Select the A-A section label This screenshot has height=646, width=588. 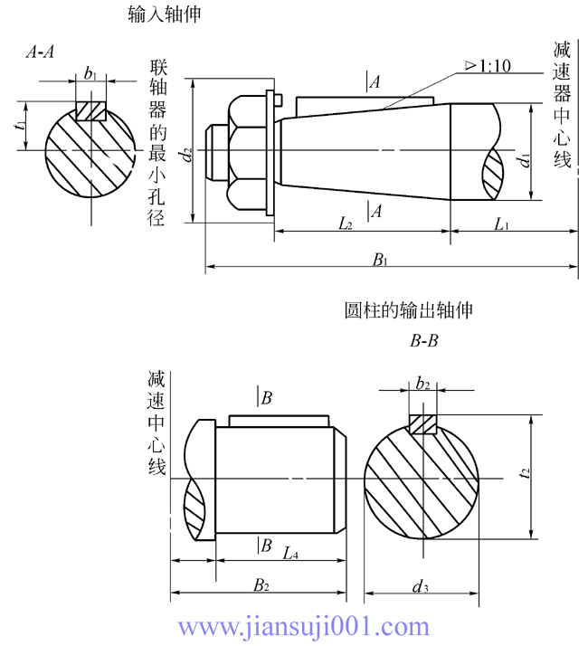[x=40, y=52]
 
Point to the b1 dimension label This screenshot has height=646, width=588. [x=90, y=73]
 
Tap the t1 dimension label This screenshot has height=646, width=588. [x=20, y=126]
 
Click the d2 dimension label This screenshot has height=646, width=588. [x=186, y=155]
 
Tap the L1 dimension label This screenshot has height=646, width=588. [x=503, y=223]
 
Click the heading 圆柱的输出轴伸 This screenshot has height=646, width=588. [x=410, y=310]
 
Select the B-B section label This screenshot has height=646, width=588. [x=424, y=342]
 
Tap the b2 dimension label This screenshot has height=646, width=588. [x=422, y=383]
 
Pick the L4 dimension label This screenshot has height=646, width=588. [x=290, y=553]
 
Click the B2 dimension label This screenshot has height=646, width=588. [x=261, y=585]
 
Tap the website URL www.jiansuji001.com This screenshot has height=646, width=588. [x=303, y=625]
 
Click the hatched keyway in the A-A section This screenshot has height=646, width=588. [x=90, y=111]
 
